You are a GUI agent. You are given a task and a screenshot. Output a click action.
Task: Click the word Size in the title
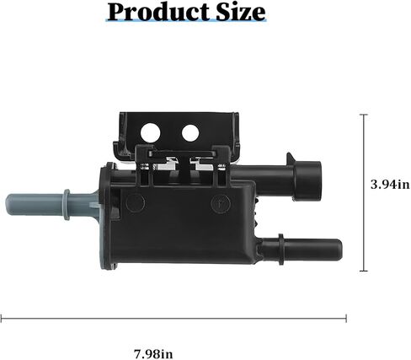(x=241, y=13)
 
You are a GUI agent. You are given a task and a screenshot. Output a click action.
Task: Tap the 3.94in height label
(x=390, y=185)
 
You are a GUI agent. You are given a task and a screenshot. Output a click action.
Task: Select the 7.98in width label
(x=153, y=354)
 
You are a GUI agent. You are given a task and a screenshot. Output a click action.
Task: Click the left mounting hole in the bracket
(x=151, y=132)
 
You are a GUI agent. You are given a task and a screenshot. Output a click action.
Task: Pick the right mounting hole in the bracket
(x=190, y=132)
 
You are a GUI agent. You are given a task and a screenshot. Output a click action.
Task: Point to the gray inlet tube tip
(x=9, y=205)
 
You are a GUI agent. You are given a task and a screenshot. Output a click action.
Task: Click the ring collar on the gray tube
(x=67, y=205)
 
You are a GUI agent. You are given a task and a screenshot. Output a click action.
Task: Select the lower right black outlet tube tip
(x=339, y=249)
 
